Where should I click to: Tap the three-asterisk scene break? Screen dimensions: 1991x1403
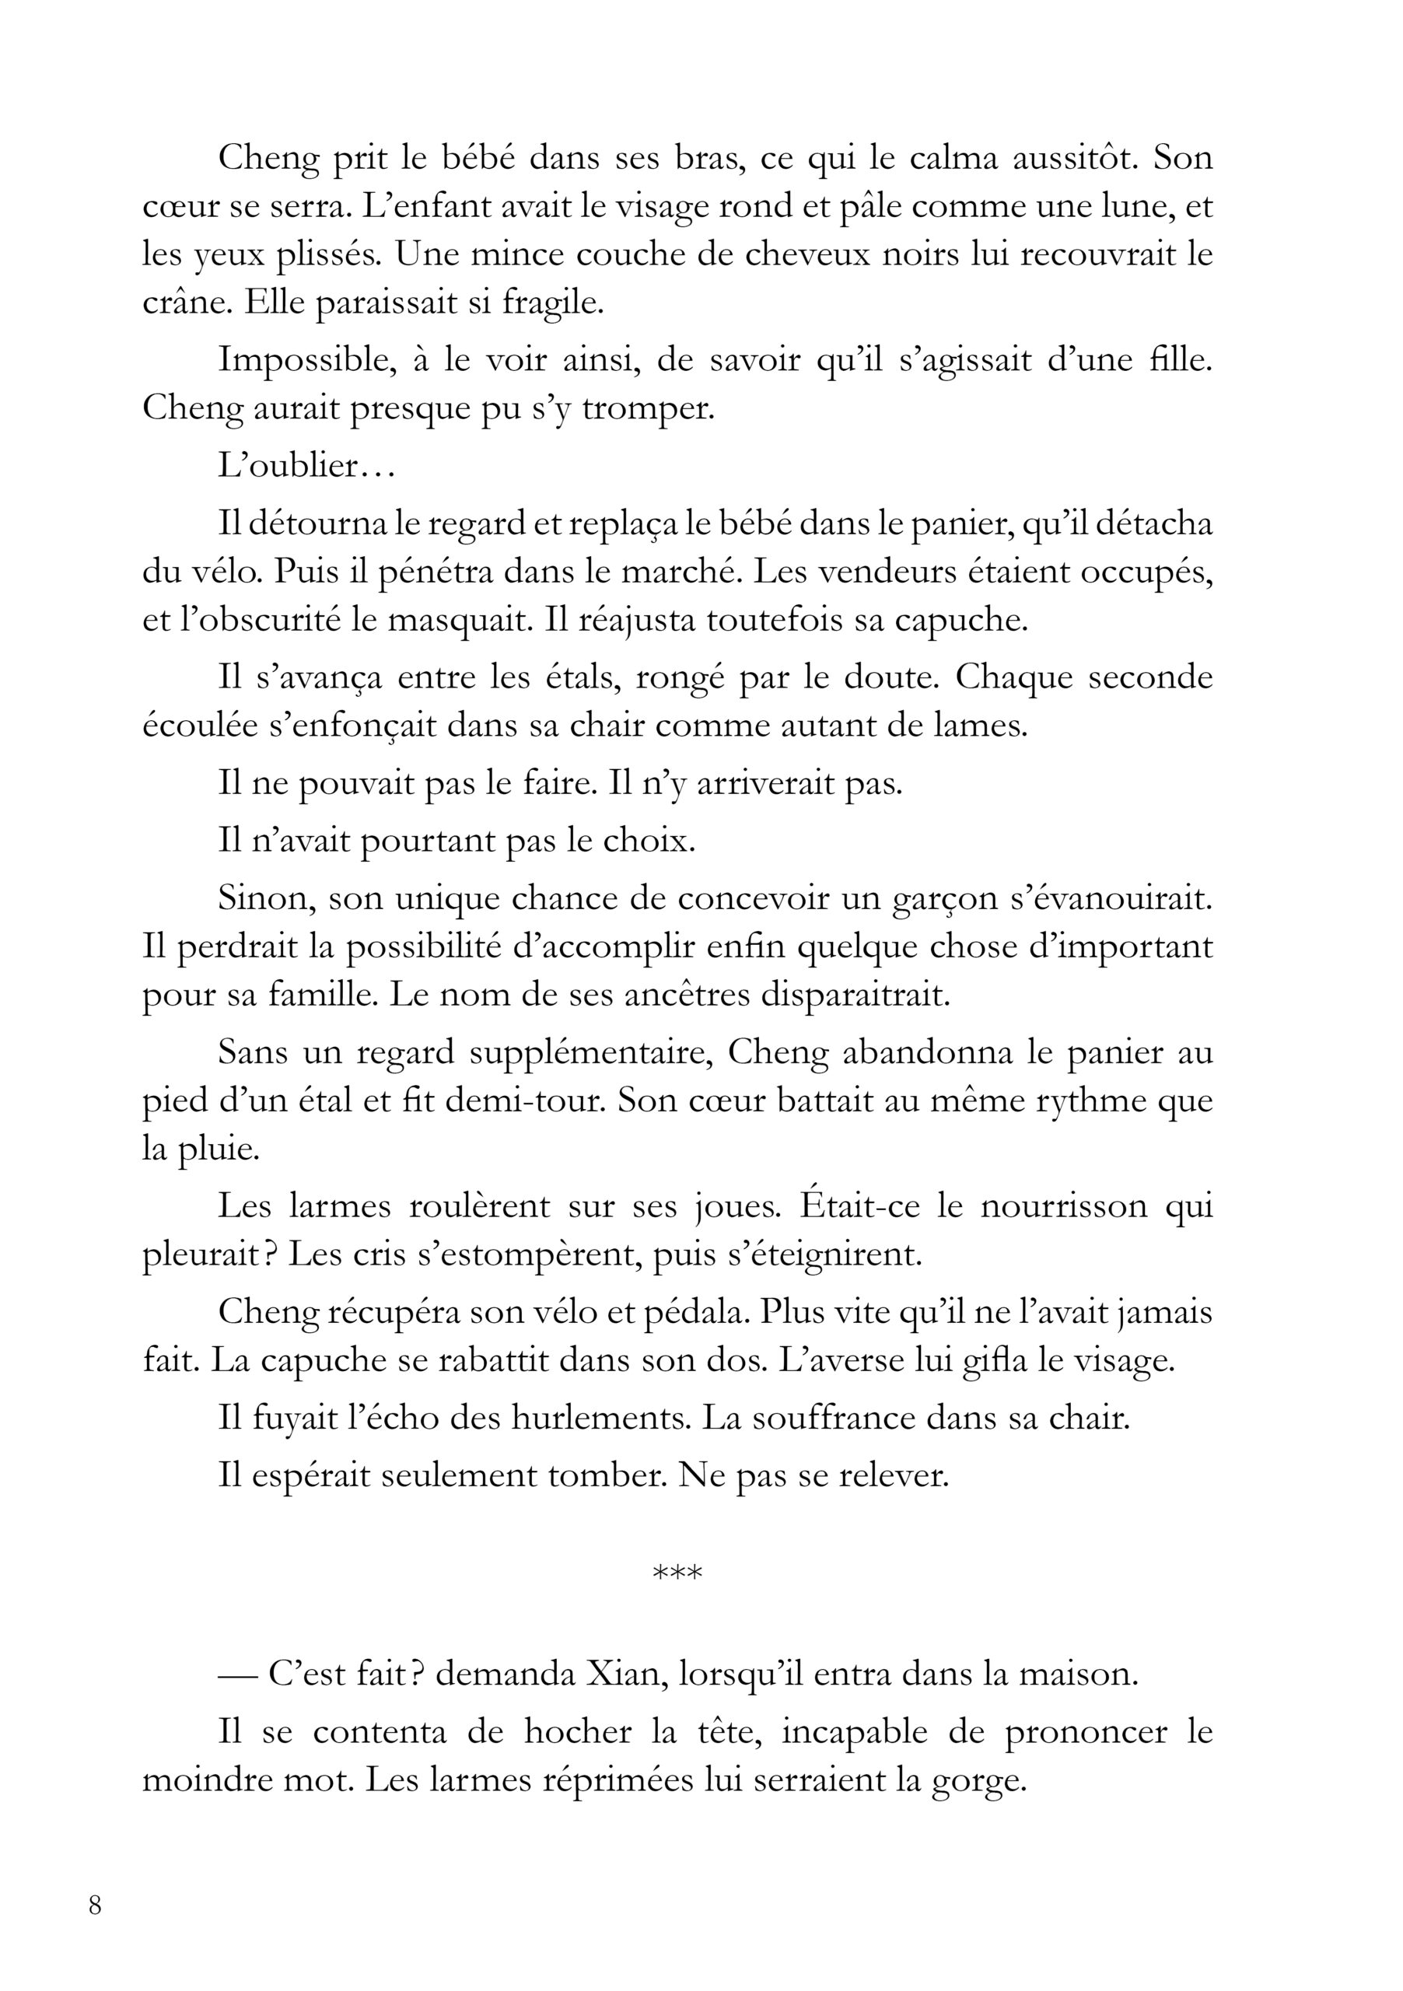(677, 1571)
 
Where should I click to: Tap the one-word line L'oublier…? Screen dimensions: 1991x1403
(308, 466)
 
